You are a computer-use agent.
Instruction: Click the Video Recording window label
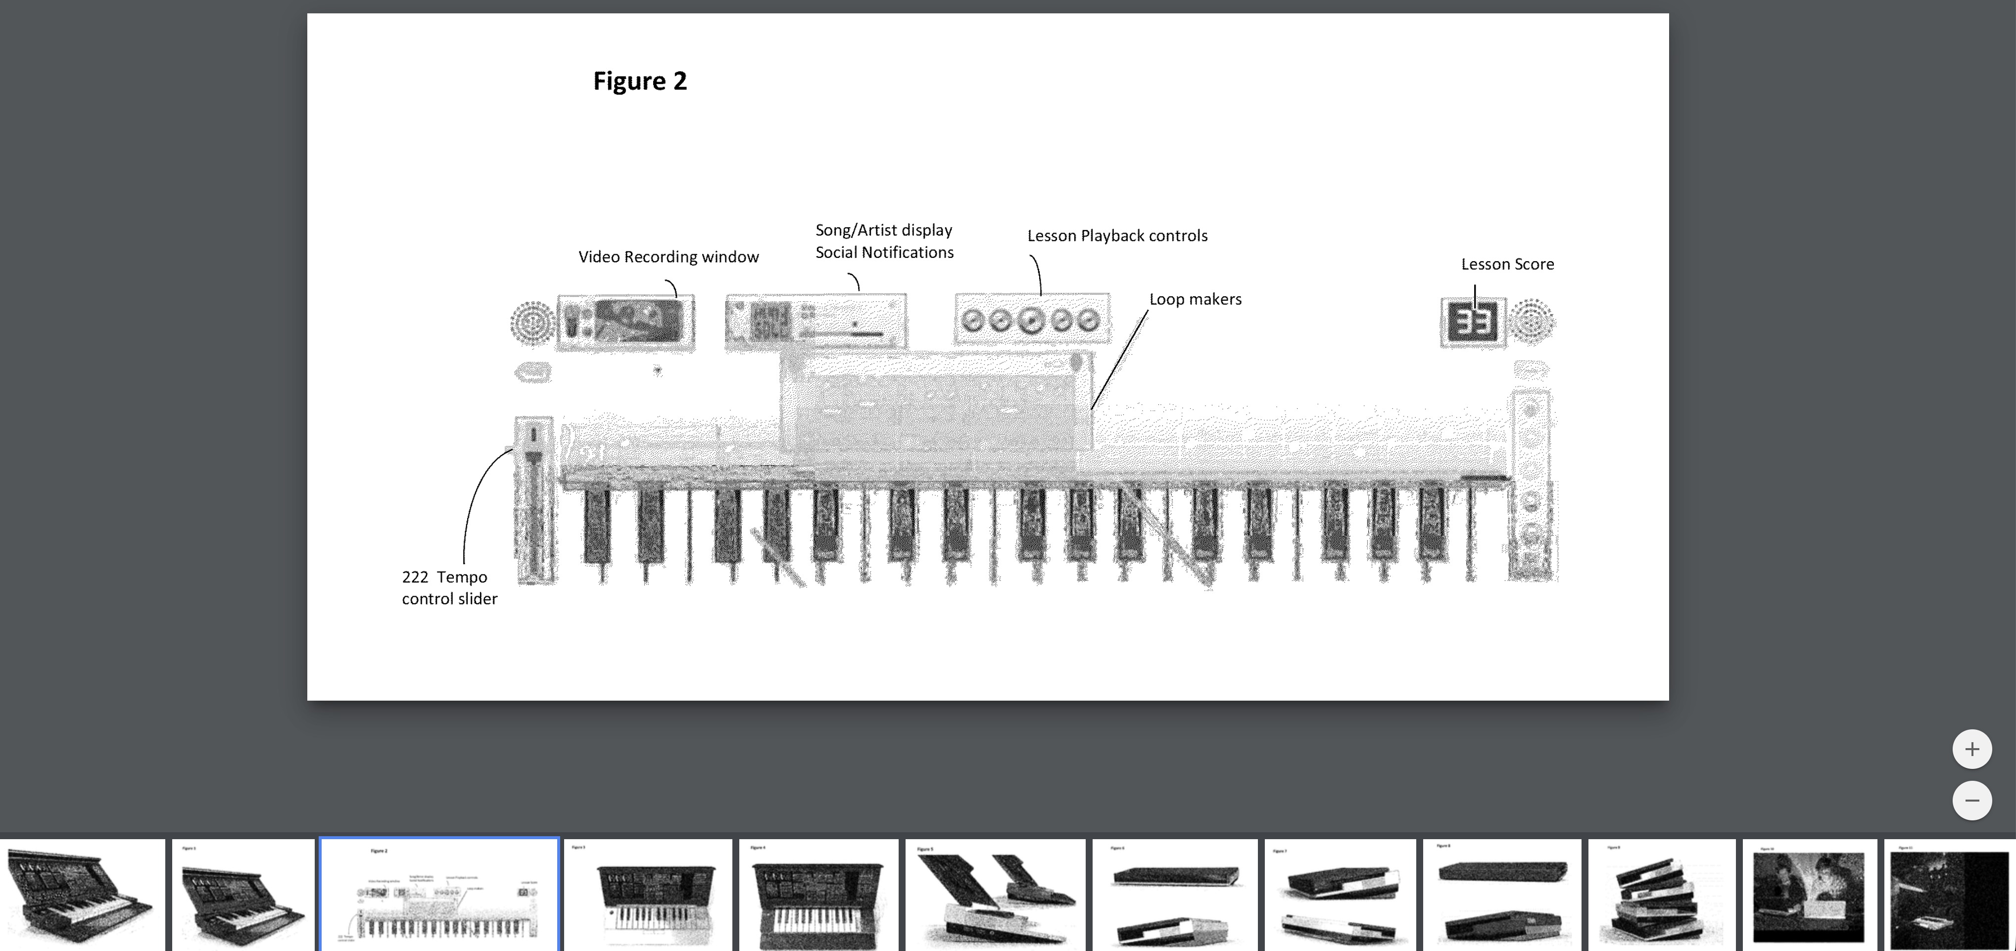click(669, 257)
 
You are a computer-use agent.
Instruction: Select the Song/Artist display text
click(884, 230)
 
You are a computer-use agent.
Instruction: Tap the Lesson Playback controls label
click(1117, 236)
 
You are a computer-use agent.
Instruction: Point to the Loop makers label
click(1195, 299)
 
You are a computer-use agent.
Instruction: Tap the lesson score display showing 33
click(1472, 322)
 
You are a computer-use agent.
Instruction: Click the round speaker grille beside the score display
click(1532, 321)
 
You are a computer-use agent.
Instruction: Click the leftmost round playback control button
click(972, 319)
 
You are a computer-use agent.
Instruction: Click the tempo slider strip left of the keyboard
click(534, 501)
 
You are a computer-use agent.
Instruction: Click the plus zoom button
click(1971, 749)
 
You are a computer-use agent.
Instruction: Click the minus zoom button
click(1971, 800)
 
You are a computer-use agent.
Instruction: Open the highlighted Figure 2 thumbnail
click(439, 895)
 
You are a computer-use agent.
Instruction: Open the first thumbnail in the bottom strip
click(81, 895)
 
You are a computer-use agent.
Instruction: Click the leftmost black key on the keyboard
click(598, 524)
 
